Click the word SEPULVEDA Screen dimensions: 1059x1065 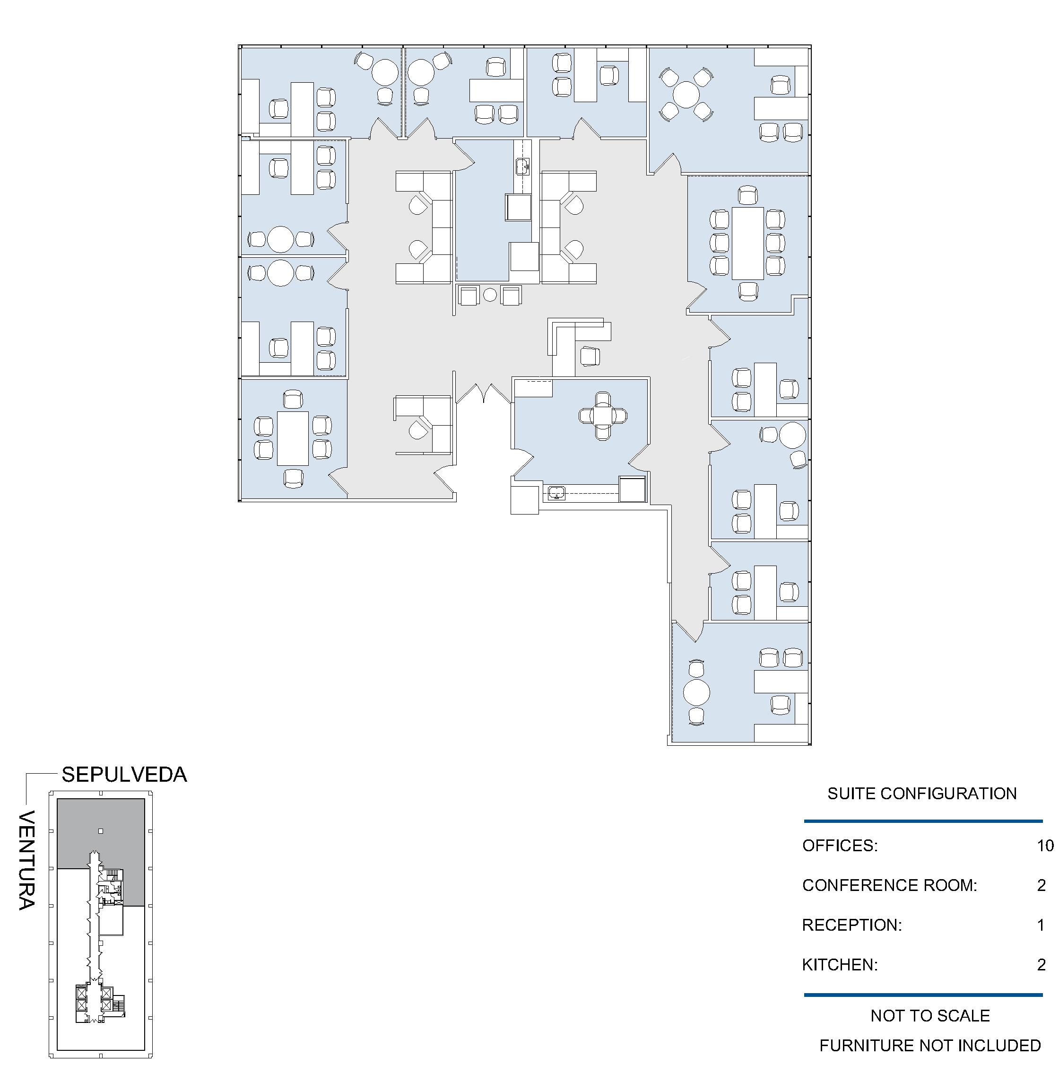124,775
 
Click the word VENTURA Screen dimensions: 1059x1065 26,860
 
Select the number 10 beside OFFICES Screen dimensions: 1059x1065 1045,846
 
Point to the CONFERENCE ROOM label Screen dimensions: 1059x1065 889,885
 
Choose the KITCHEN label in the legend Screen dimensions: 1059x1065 840,965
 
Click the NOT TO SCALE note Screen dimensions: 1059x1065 930,1015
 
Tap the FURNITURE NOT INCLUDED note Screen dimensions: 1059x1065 930,1045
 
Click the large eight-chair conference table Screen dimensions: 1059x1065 748,243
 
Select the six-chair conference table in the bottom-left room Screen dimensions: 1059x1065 293,438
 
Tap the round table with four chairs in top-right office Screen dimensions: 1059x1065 686,95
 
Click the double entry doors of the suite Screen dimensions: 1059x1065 483,393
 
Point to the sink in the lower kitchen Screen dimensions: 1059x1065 557,492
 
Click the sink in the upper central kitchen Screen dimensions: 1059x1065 523,166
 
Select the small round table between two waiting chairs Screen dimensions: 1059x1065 490,295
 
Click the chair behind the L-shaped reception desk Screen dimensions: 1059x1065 590,356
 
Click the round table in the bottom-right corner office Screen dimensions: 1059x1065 696,692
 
